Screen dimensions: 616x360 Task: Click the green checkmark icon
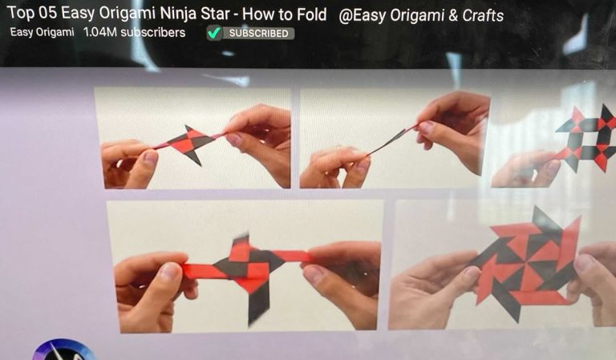(214, 33)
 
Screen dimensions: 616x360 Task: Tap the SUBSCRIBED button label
(259, 34)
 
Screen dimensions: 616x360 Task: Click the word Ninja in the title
(179, 14)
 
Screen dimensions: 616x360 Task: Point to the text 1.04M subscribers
(135, 32)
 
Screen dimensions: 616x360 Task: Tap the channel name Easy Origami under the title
(42, 32)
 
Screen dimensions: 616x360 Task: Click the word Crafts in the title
(483, 16)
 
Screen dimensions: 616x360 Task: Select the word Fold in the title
(312, 14)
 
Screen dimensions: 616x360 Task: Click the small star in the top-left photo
(188, 144)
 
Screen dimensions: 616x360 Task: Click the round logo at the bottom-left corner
(63, 350)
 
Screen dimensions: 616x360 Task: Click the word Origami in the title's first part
(128, 14)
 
